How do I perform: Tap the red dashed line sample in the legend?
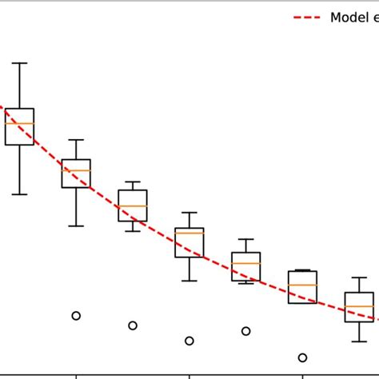pos(308,18)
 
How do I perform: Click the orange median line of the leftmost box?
pos(19,123)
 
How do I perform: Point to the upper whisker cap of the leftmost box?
pos(19,62)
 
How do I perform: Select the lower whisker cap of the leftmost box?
pos(19,194)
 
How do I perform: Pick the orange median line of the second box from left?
pos(76,170)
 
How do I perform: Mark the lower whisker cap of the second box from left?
pos(76,226)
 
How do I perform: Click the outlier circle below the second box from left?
pos(76,316)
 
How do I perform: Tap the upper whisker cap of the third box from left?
pos(133,182)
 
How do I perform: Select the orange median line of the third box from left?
pos(133,206)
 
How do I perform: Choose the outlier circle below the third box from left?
pos(133,325)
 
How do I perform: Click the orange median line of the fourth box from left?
pos(189,233)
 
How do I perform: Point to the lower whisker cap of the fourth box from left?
pos(189,281)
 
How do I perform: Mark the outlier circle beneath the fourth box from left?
pos(189,341)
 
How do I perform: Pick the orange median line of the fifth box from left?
pos(246,263)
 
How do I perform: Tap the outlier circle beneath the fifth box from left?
pos(246,331)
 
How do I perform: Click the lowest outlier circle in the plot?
pos(302,357)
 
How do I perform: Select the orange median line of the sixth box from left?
pos(302,285)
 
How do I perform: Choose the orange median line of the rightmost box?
pos(359,306)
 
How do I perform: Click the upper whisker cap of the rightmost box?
pos(359,277)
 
